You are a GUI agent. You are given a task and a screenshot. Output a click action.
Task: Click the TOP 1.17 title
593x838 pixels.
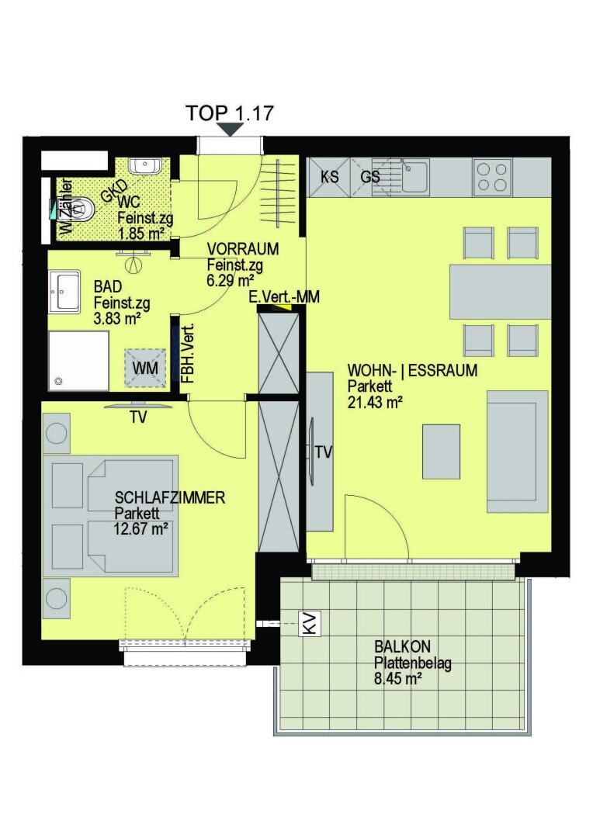230,113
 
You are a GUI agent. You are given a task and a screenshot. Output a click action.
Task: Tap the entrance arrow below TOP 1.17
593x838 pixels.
230,130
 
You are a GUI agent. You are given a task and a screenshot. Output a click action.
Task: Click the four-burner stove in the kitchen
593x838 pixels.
492,177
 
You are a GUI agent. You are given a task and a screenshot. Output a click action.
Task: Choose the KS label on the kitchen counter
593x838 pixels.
329,177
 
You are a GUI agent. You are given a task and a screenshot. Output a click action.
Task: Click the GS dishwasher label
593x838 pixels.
370,177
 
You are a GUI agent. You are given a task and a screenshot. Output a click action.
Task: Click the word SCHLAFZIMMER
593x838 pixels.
169,498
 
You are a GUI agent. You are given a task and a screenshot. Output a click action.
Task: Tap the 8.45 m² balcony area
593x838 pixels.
397,679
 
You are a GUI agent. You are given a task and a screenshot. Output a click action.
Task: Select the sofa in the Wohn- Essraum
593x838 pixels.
517,451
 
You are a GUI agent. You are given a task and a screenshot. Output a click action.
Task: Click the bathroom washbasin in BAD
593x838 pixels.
64,291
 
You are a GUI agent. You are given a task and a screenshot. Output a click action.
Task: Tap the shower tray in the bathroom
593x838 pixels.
78,361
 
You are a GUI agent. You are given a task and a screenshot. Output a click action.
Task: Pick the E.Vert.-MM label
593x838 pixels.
283,297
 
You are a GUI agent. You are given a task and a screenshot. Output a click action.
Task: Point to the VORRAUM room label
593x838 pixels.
242,250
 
